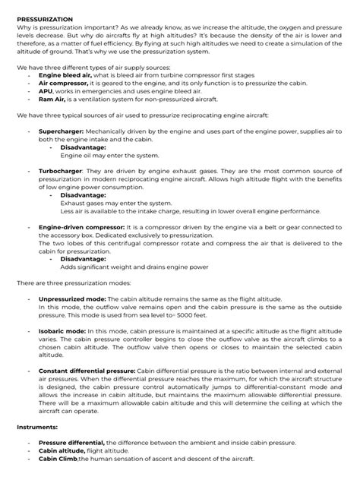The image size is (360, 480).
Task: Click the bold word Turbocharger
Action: click(62, 172)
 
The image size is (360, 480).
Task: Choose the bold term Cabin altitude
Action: click(65, 450)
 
